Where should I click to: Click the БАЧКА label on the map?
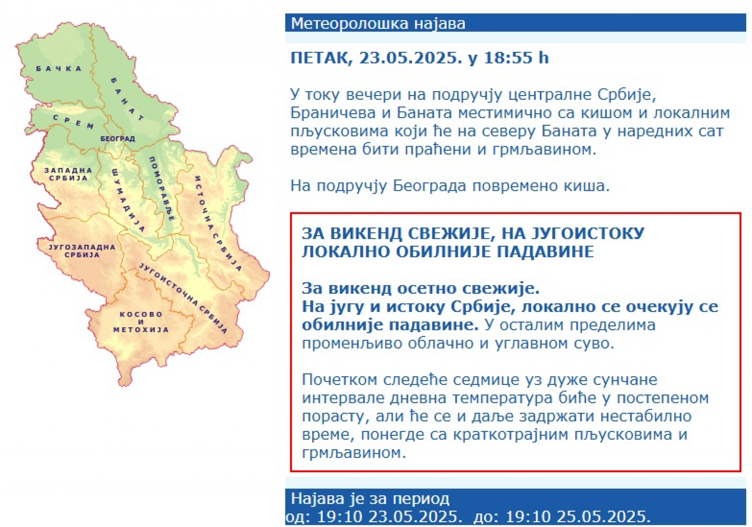(x=58, y=69)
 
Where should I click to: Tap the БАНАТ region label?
(x=127, y=99)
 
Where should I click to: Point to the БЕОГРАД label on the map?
(x=117, y=139)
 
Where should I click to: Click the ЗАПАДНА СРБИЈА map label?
(x=68, y=174)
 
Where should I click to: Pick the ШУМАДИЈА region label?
(x=128, y=200)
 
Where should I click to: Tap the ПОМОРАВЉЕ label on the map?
(x=161, y=188)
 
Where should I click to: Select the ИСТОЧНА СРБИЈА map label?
(x=217, y=223)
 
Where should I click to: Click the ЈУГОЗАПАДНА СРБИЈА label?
(x=82, y=251)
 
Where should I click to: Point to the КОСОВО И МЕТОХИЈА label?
(x=141, y=322)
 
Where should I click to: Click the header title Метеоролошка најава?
(x=378, y=23)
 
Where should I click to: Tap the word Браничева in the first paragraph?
(x=333, y=113)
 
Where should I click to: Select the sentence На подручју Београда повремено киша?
(x=450, y=186)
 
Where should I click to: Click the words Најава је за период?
(x=370, y=499)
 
